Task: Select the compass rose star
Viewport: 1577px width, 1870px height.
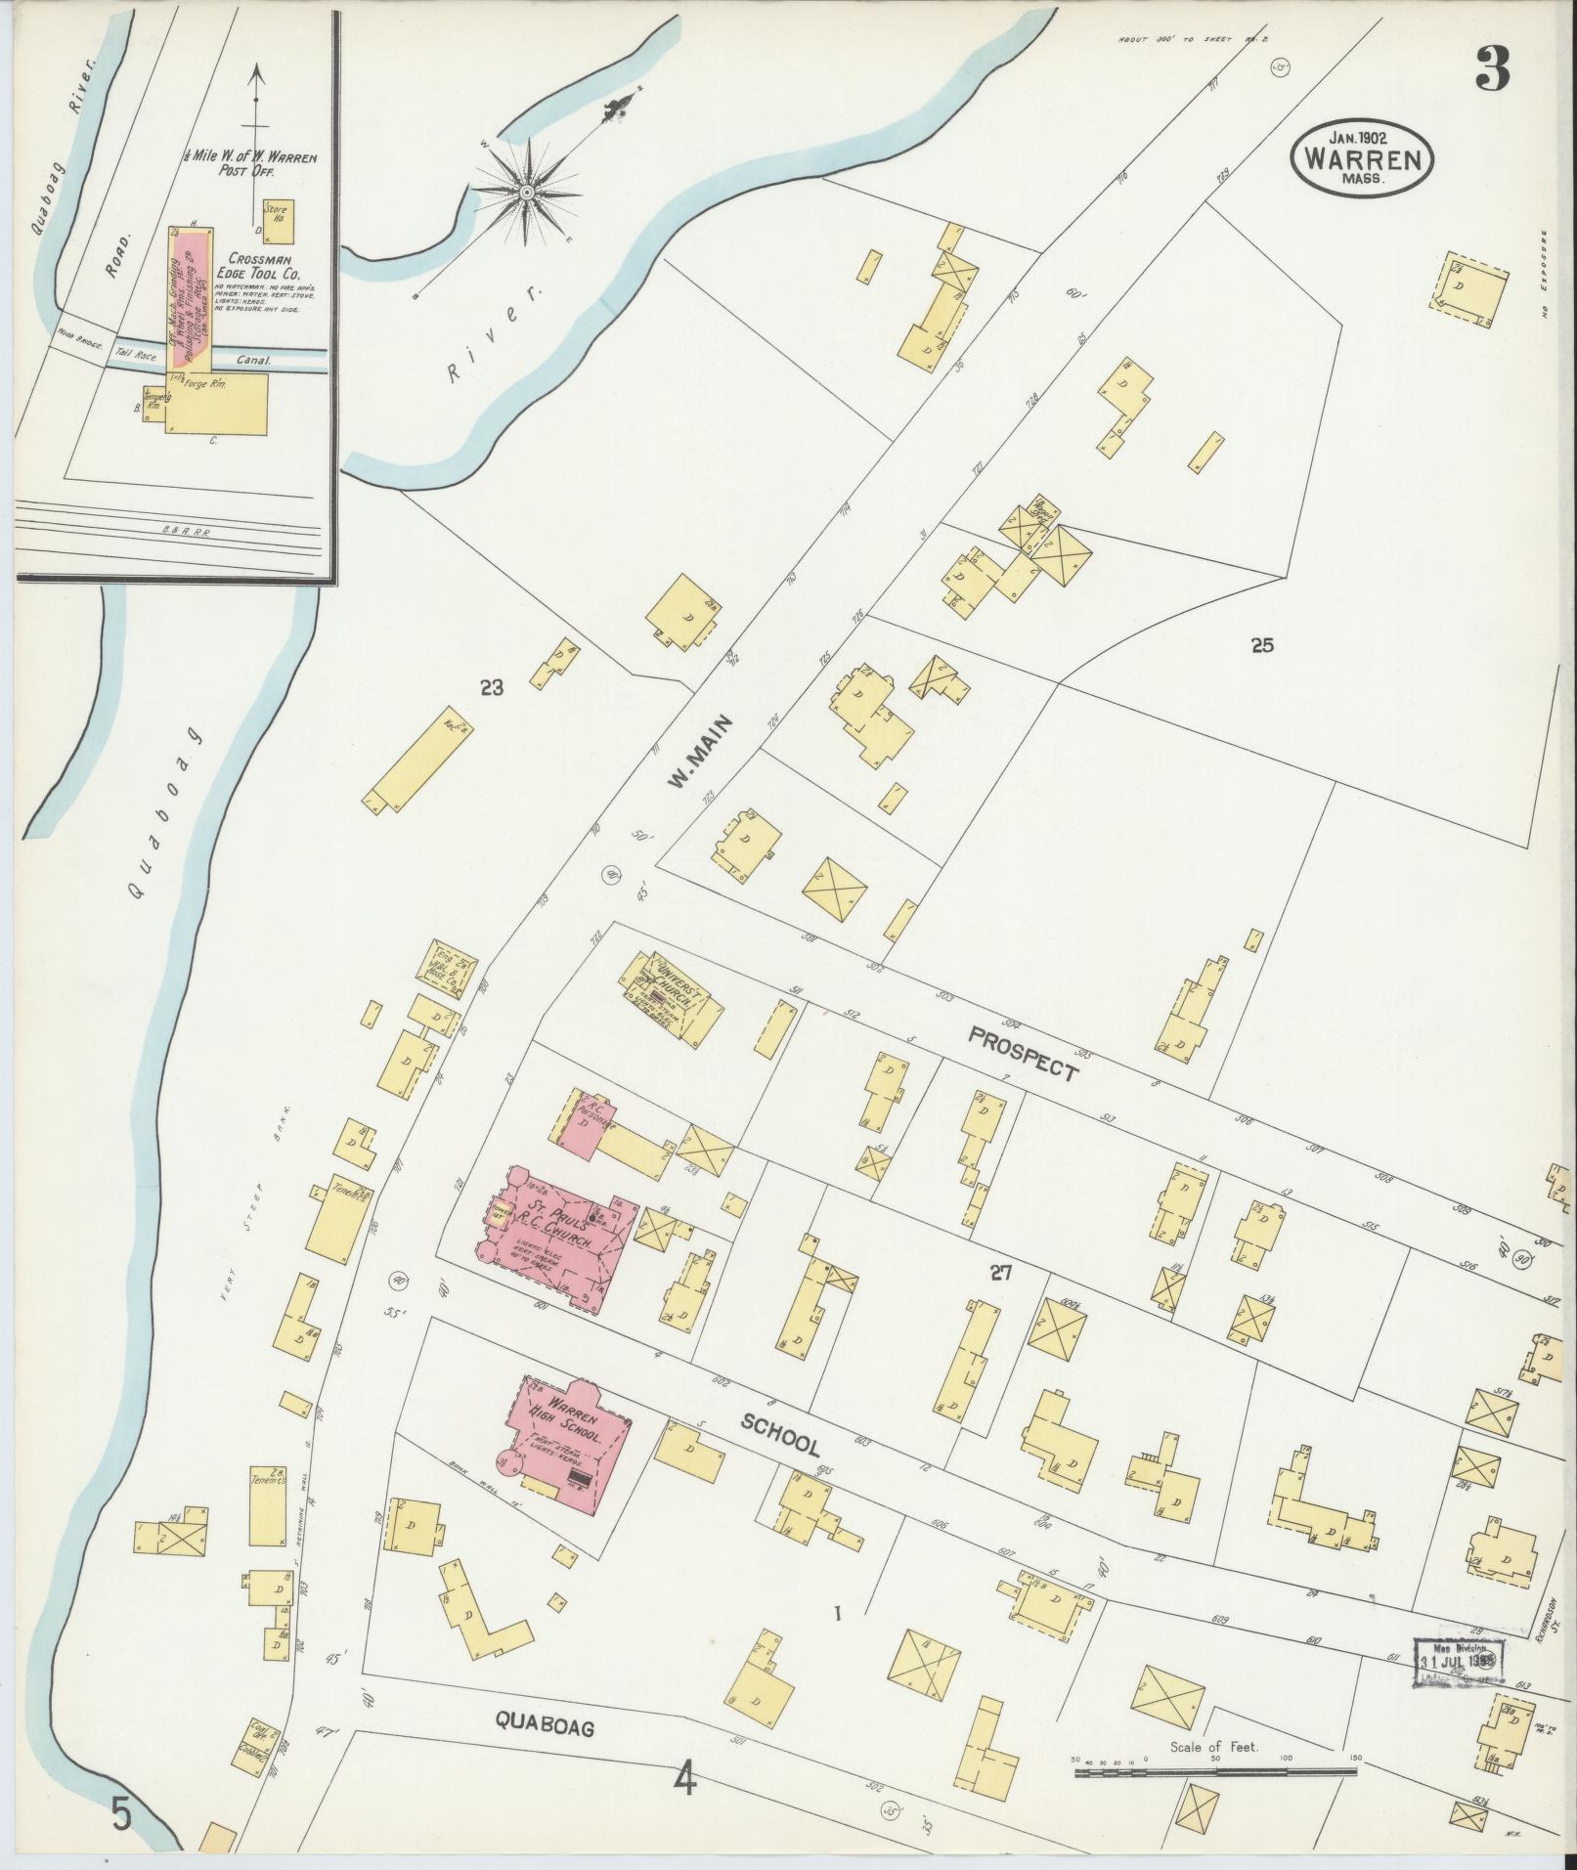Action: pos(526,192)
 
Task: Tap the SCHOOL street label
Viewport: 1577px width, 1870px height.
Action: pos(779,1434)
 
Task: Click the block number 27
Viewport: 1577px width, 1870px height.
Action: pos(999,1273)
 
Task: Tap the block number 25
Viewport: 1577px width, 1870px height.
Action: pos(1262,645)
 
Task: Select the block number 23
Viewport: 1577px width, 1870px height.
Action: pos(491,688)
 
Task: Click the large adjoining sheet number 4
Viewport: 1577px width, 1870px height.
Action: pos(685,1778)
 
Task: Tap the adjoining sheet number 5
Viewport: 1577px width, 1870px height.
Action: pos(121,1813)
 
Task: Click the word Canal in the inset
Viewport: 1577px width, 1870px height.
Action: pos(252,360)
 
